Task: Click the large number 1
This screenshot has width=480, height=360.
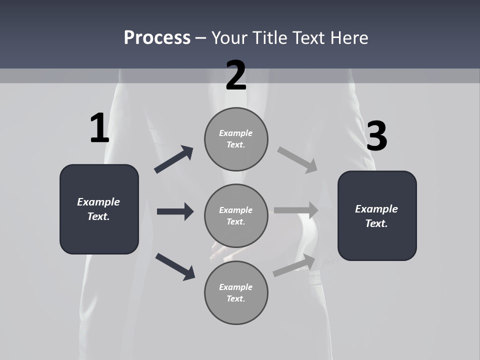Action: tap(99, 128)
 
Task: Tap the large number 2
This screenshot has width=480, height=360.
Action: tap(236, 75)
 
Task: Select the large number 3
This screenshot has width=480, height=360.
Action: tap(377, 136)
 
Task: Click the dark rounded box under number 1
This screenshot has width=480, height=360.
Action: tap(99, 209)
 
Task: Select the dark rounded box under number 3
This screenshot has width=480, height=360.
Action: tap(377, 215)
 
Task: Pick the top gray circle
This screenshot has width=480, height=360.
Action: tap(236, 139)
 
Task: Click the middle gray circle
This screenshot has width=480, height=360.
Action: tap(236, 215)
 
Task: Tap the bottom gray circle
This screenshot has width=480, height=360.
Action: tap(236, 292)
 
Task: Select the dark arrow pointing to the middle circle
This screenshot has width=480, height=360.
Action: tap(175, 211)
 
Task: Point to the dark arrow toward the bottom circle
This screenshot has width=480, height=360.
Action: tap(175, 266)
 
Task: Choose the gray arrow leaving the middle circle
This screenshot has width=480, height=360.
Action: tap(296, 210)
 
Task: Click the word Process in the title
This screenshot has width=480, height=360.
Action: tap(157, 37)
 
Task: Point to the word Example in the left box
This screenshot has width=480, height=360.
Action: tap(98, 202)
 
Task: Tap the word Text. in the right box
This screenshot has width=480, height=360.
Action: tap(376, 223)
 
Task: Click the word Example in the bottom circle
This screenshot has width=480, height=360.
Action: tap(235, 287)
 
